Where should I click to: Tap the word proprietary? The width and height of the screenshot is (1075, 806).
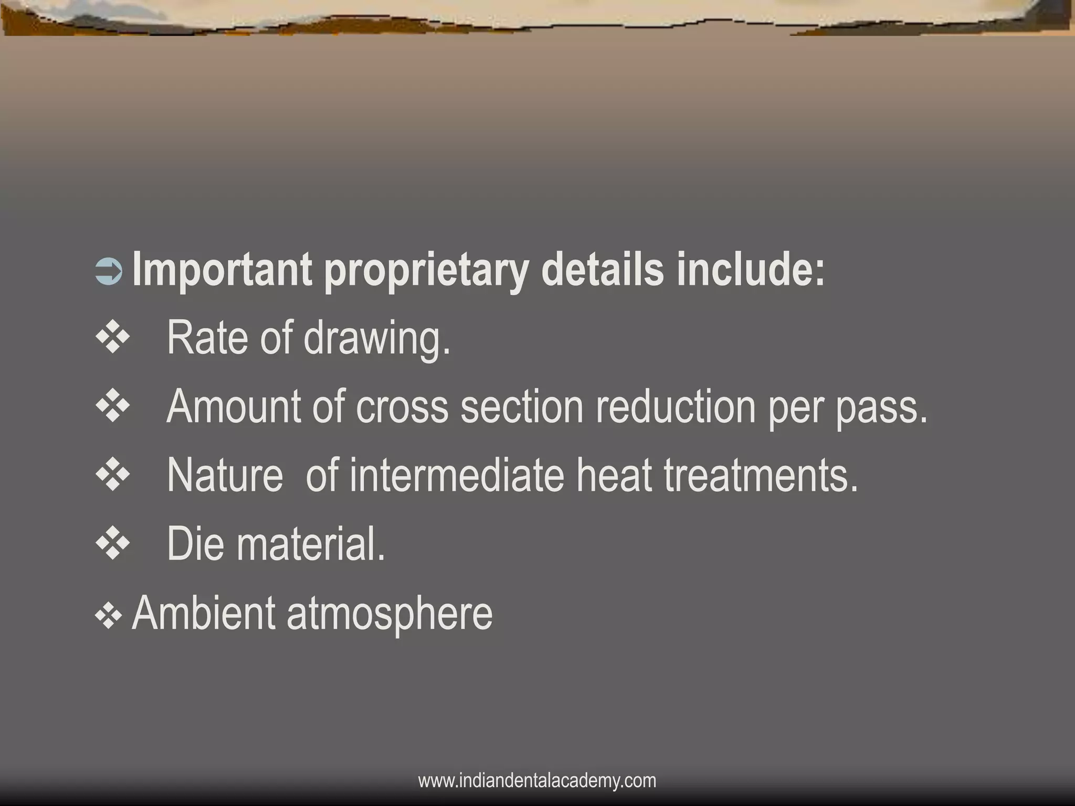[426, 272]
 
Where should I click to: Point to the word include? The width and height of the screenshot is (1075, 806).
[751, 270]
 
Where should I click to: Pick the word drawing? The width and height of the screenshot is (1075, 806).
[377, 340]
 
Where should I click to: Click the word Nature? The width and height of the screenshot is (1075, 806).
[225, 475]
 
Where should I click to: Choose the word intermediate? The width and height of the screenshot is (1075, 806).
[456, 475]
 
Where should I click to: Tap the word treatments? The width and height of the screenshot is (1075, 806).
[761, 475]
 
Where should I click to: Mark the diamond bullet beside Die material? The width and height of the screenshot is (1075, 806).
[113, 544]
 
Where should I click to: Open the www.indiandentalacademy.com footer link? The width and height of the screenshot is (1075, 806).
[537, 781]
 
